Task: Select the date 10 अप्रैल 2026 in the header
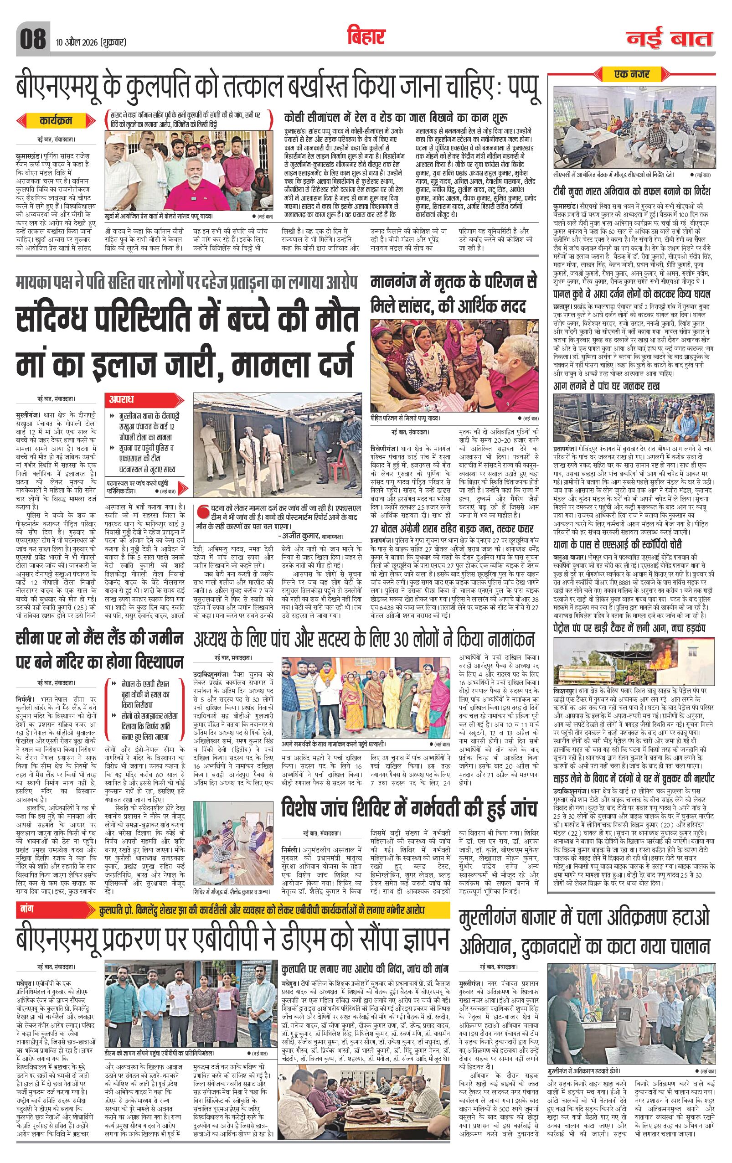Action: click(91, 42)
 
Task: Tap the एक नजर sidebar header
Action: click(632, 74)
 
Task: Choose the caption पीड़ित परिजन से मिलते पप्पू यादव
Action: click(406, 418)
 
